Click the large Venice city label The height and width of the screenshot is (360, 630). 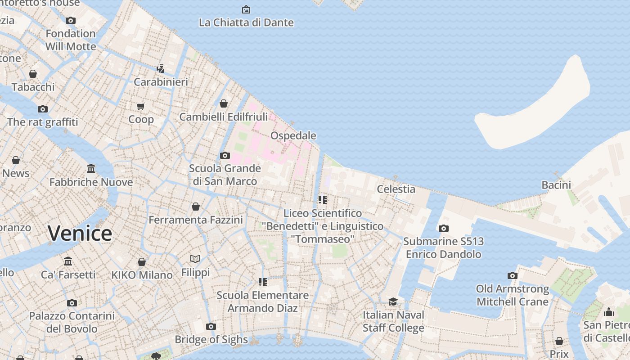pyautogui.click(x=80, y=233)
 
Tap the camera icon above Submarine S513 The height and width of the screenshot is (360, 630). pyautogui.click(x=444, y=228)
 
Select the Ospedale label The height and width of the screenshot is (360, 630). pyautogui.click(x=293, y=135)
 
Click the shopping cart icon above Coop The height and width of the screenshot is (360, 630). pyautogui.click(x=141, y=106)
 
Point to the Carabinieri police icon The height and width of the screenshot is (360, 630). pyautogui.click(x=160, y=69)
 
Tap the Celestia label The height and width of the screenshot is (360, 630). pyautogui.click(x=396, y=189)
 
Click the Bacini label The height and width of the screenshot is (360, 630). pyautogui.click(x=556, y=184)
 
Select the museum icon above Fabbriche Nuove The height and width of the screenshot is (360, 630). pyautogui.click(x=91, y=169)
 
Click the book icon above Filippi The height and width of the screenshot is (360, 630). pyautogui.click(x=195, y=259)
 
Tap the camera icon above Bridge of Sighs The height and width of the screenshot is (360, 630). pyautogui.click(x=211, y=326)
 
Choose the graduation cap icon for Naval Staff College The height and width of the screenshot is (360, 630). pyautogui.click(x=393, y=301)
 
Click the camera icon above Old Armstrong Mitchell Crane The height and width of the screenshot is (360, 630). pyautogui.click(x=513, y=275)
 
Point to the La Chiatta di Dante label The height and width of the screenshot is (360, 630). pyautogui.click(x=246, y=22)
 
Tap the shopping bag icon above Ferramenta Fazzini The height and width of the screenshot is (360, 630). pyautogui.click(x=196, y=207)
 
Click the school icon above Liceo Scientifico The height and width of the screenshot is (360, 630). pyautogui.click(x=322, y=199)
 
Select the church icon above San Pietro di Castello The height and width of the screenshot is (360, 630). pyautogui.click(x=609, y=311)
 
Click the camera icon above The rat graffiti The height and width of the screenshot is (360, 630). pyautogui.click(x=43, y=109)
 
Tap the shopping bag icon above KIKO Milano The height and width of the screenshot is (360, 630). pyautogui.click(x=142, y=262)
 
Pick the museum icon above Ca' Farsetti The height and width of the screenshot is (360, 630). pyautogui.click(x=68, y=261)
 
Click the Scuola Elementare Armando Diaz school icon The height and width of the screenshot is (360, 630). pyautogui.click(x=263, y=282)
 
